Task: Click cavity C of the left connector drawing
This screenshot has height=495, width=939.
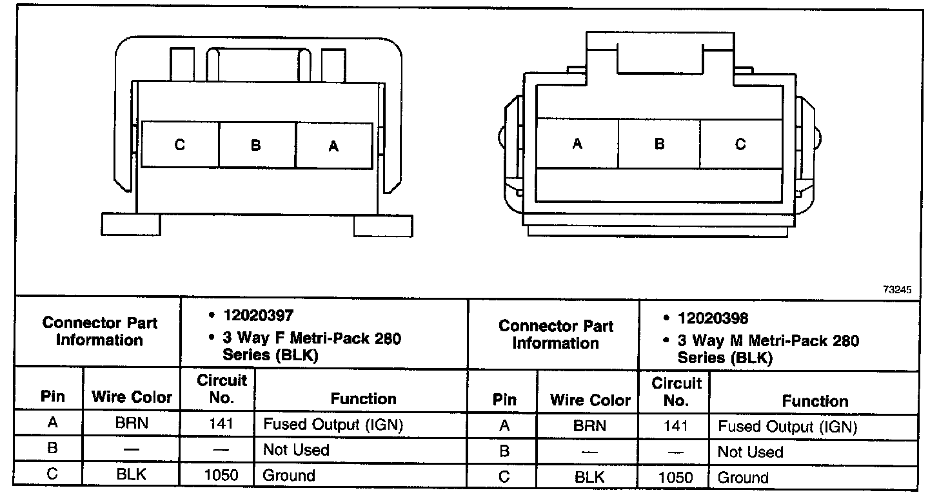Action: (x=180, y=145)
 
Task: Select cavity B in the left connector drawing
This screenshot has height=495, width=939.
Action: (x=257, y=145)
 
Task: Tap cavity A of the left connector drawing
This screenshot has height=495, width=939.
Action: (x=333, y=146)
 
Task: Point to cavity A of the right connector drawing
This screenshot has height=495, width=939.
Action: (x=577, y=144)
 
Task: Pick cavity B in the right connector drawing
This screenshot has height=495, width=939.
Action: (x=659, y=144)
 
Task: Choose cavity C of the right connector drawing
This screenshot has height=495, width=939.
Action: (x=740, y=144)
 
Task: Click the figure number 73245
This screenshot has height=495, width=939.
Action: (x=897, y=290)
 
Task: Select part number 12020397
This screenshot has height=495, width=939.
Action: (x=259, y=315)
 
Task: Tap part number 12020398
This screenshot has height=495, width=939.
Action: (x=713, y=318)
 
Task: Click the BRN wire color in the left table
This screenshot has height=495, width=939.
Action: (x=132, y=423)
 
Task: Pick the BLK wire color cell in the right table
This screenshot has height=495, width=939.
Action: (x=589, y=477)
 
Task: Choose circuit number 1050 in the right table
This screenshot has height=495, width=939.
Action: (x=675, y=477)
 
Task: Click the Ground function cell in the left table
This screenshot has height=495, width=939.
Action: (x=289, y=476)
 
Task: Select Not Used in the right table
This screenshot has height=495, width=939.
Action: (x=750, y=452)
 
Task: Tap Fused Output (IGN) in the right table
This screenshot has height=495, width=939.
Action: (x=787, y=426)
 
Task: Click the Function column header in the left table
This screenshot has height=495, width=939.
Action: (x=363, y=399)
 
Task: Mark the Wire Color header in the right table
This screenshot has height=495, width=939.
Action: (x=589, y=400)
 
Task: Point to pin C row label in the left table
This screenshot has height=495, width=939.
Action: (x=52, y=474)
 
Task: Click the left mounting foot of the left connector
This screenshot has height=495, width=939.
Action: (x=131, y=224)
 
